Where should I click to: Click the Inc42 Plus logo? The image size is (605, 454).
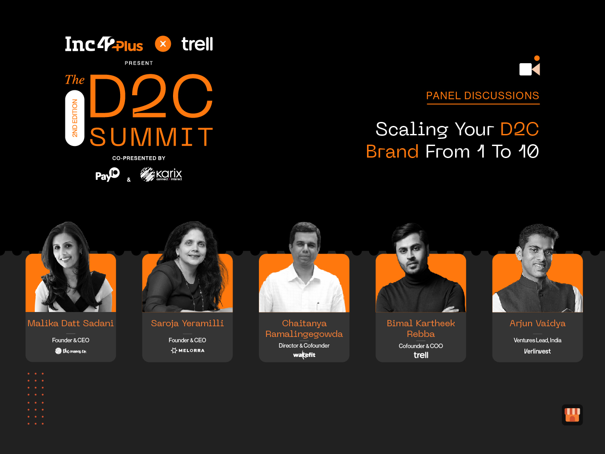click(x=104, y=44)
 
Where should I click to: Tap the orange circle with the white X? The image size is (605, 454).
click(x=163, y=44)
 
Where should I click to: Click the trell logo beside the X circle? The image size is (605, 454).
click(x=197, y=44)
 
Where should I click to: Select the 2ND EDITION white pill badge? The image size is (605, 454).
click(x=75, y=118)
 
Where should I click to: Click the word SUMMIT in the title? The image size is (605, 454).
click(x=152, y=137)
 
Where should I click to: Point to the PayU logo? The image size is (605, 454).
click(x=107, y=174)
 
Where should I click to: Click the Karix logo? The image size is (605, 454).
click(x=161, y=174)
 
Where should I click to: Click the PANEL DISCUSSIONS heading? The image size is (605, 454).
click(x=483, y=96)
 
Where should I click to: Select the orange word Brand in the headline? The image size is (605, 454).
click(x=392, y=151)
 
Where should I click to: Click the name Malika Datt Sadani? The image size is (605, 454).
click(x=71, y=323)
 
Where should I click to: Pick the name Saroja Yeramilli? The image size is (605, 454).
click(x=187, y=323)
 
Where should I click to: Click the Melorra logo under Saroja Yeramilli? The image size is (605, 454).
click(x=187, y=350)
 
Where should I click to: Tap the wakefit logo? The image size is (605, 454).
click(x=304, y=355)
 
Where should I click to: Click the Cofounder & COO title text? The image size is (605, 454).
click(x=420, y=346)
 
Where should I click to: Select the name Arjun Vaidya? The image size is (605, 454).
click(x=537, y=323)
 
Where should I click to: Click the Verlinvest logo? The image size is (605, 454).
click(x=537, y=351)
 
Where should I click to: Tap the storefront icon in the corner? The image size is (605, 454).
click(x=572, y=415)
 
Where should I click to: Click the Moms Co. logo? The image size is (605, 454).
click(x=71, y=351)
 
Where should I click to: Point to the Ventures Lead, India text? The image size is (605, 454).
click(x=537, y=340)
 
